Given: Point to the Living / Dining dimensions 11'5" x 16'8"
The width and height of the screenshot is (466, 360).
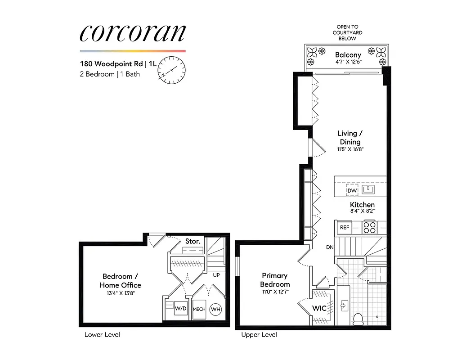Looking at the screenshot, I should [x=348, y=149].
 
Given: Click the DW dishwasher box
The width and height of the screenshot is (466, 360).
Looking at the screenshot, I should [x=352, y=190].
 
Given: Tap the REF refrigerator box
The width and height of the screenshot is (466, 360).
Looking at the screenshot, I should [x=345, y=228].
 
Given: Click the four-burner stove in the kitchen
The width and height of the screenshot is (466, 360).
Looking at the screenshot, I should [x=369, y=227].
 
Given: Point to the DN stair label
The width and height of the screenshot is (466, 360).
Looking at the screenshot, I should [x=330, y=247].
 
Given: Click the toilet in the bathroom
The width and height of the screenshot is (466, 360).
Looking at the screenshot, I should [x=358, y=319].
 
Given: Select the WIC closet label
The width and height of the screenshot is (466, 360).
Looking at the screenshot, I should [x=319, y=309].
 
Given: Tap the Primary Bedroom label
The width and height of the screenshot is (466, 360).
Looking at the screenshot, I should [x=275, y=280].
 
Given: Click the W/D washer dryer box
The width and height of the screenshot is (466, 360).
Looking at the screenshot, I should [x=180, y=309].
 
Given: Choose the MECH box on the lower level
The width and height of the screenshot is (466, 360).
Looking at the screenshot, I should [x=199, y=310].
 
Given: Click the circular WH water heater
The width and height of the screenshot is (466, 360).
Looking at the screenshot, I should [x=215, y=309].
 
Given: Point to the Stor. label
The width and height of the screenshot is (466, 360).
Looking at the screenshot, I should [x=193, y=242].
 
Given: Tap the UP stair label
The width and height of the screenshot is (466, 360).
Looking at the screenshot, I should [x=216, y=275].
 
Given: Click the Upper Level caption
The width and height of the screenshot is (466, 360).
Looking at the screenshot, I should [x=259, y=335].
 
